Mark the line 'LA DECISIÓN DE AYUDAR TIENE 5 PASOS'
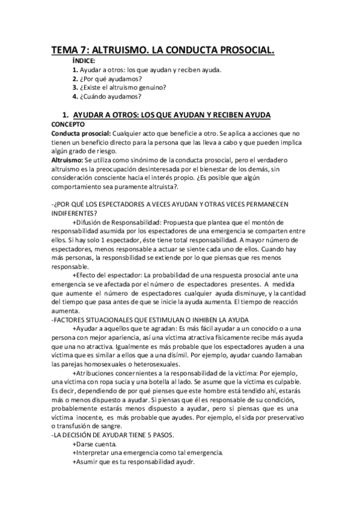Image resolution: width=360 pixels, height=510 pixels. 109,434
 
